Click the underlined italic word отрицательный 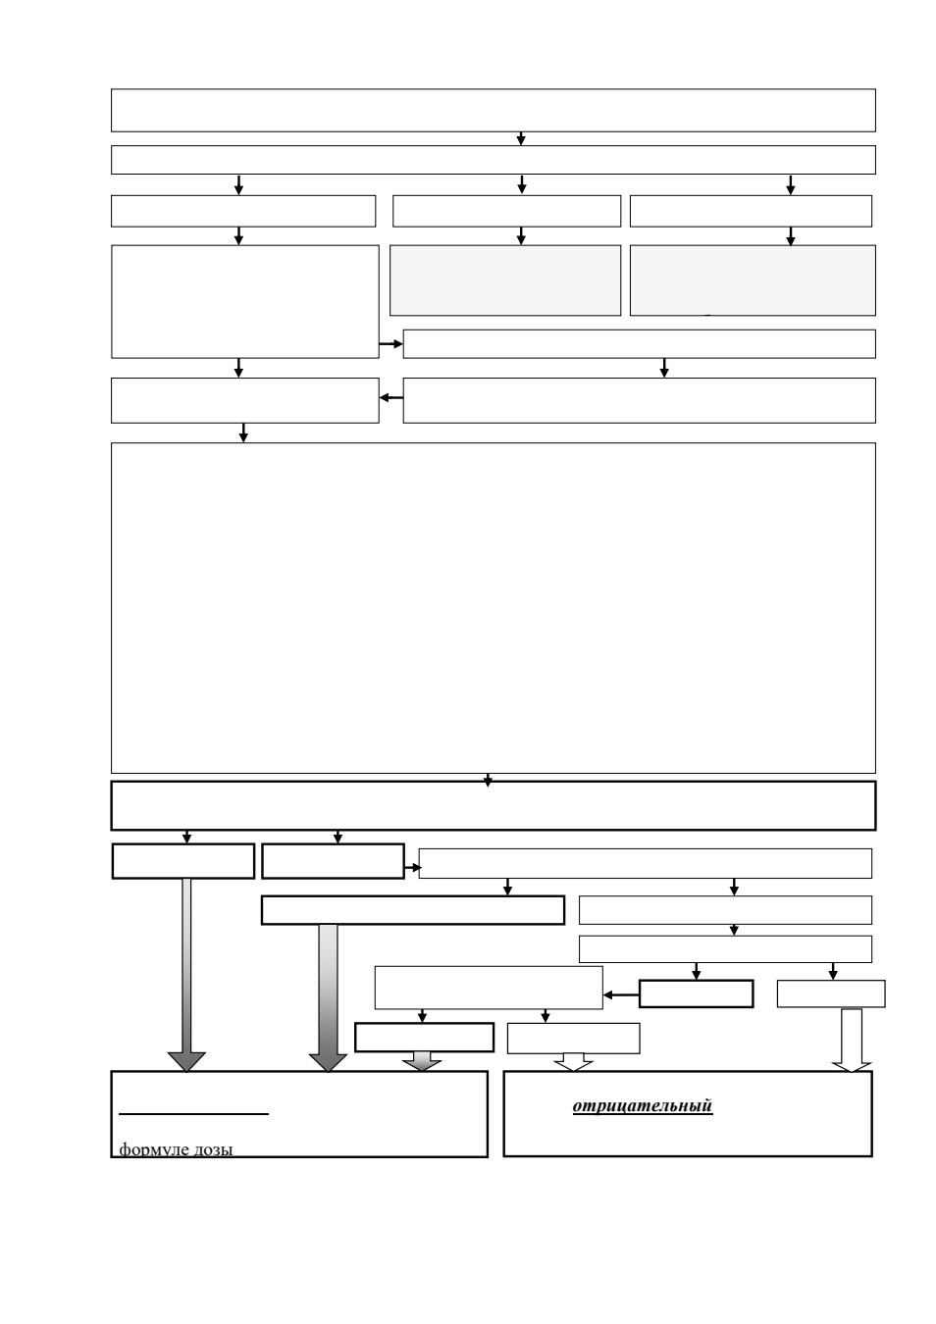point(643,1105)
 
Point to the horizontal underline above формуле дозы point(194,1114)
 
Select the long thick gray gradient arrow point(328,998)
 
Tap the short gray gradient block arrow point(422,1061)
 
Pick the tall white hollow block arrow point(852,1041)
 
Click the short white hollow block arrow point(574,1062)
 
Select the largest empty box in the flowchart point(494,608)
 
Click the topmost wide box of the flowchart point(494,111)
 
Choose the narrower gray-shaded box point(505,280)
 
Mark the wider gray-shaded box point(753,280)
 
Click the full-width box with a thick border point(494,805)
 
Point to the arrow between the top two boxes point(521,138)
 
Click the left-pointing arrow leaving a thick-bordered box point(621,995)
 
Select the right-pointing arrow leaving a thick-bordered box point(413,868)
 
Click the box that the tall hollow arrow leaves point(831,993)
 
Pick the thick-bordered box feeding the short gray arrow point(425,1038)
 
